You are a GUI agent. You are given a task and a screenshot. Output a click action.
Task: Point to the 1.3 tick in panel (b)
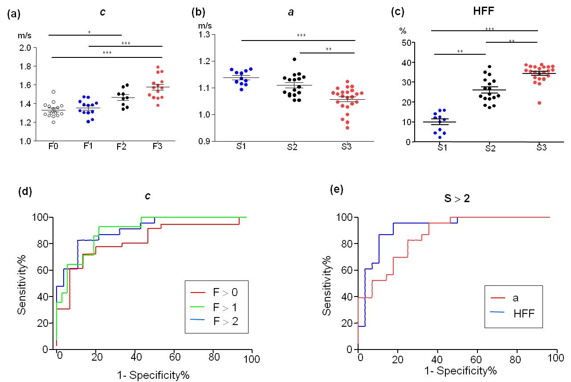pos(205,35)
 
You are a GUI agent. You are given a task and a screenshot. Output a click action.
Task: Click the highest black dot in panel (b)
pos(294,59)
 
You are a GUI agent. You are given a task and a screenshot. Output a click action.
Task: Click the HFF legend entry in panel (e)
pos(523,313)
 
